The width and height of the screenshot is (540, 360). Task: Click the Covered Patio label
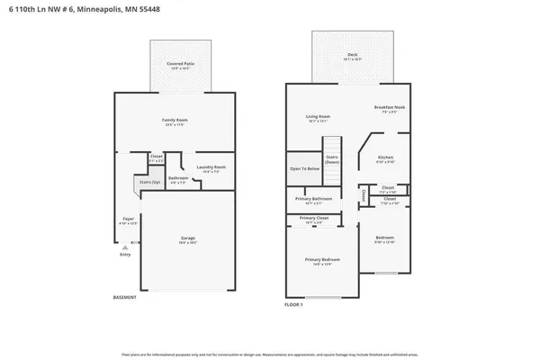click(181, 65)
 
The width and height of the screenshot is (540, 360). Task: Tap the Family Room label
click(175, 120)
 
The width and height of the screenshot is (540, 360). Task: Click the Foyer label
click(129, 219)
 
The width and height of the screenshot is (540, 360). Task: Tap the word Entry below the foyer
click(125, 255)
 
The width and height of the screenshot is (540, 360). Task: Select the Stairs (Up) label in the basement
click(149, 182)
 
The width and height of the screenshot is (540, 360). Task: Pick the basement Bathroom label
click(178, 178)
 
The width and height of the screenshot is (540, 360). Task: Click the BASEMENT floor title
click(125, 298)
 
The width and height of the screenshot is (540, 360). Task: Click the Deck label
click(352, 56)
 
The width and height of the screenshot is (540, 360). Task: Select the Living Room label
click(318, 116)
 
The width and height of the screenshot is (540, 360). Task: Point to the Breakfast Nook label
click(389, 108)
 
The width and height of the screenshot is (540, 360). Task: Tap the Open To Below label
click(304, 169)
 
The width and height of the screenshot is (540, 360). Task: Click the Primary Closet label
click(314, 218)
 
